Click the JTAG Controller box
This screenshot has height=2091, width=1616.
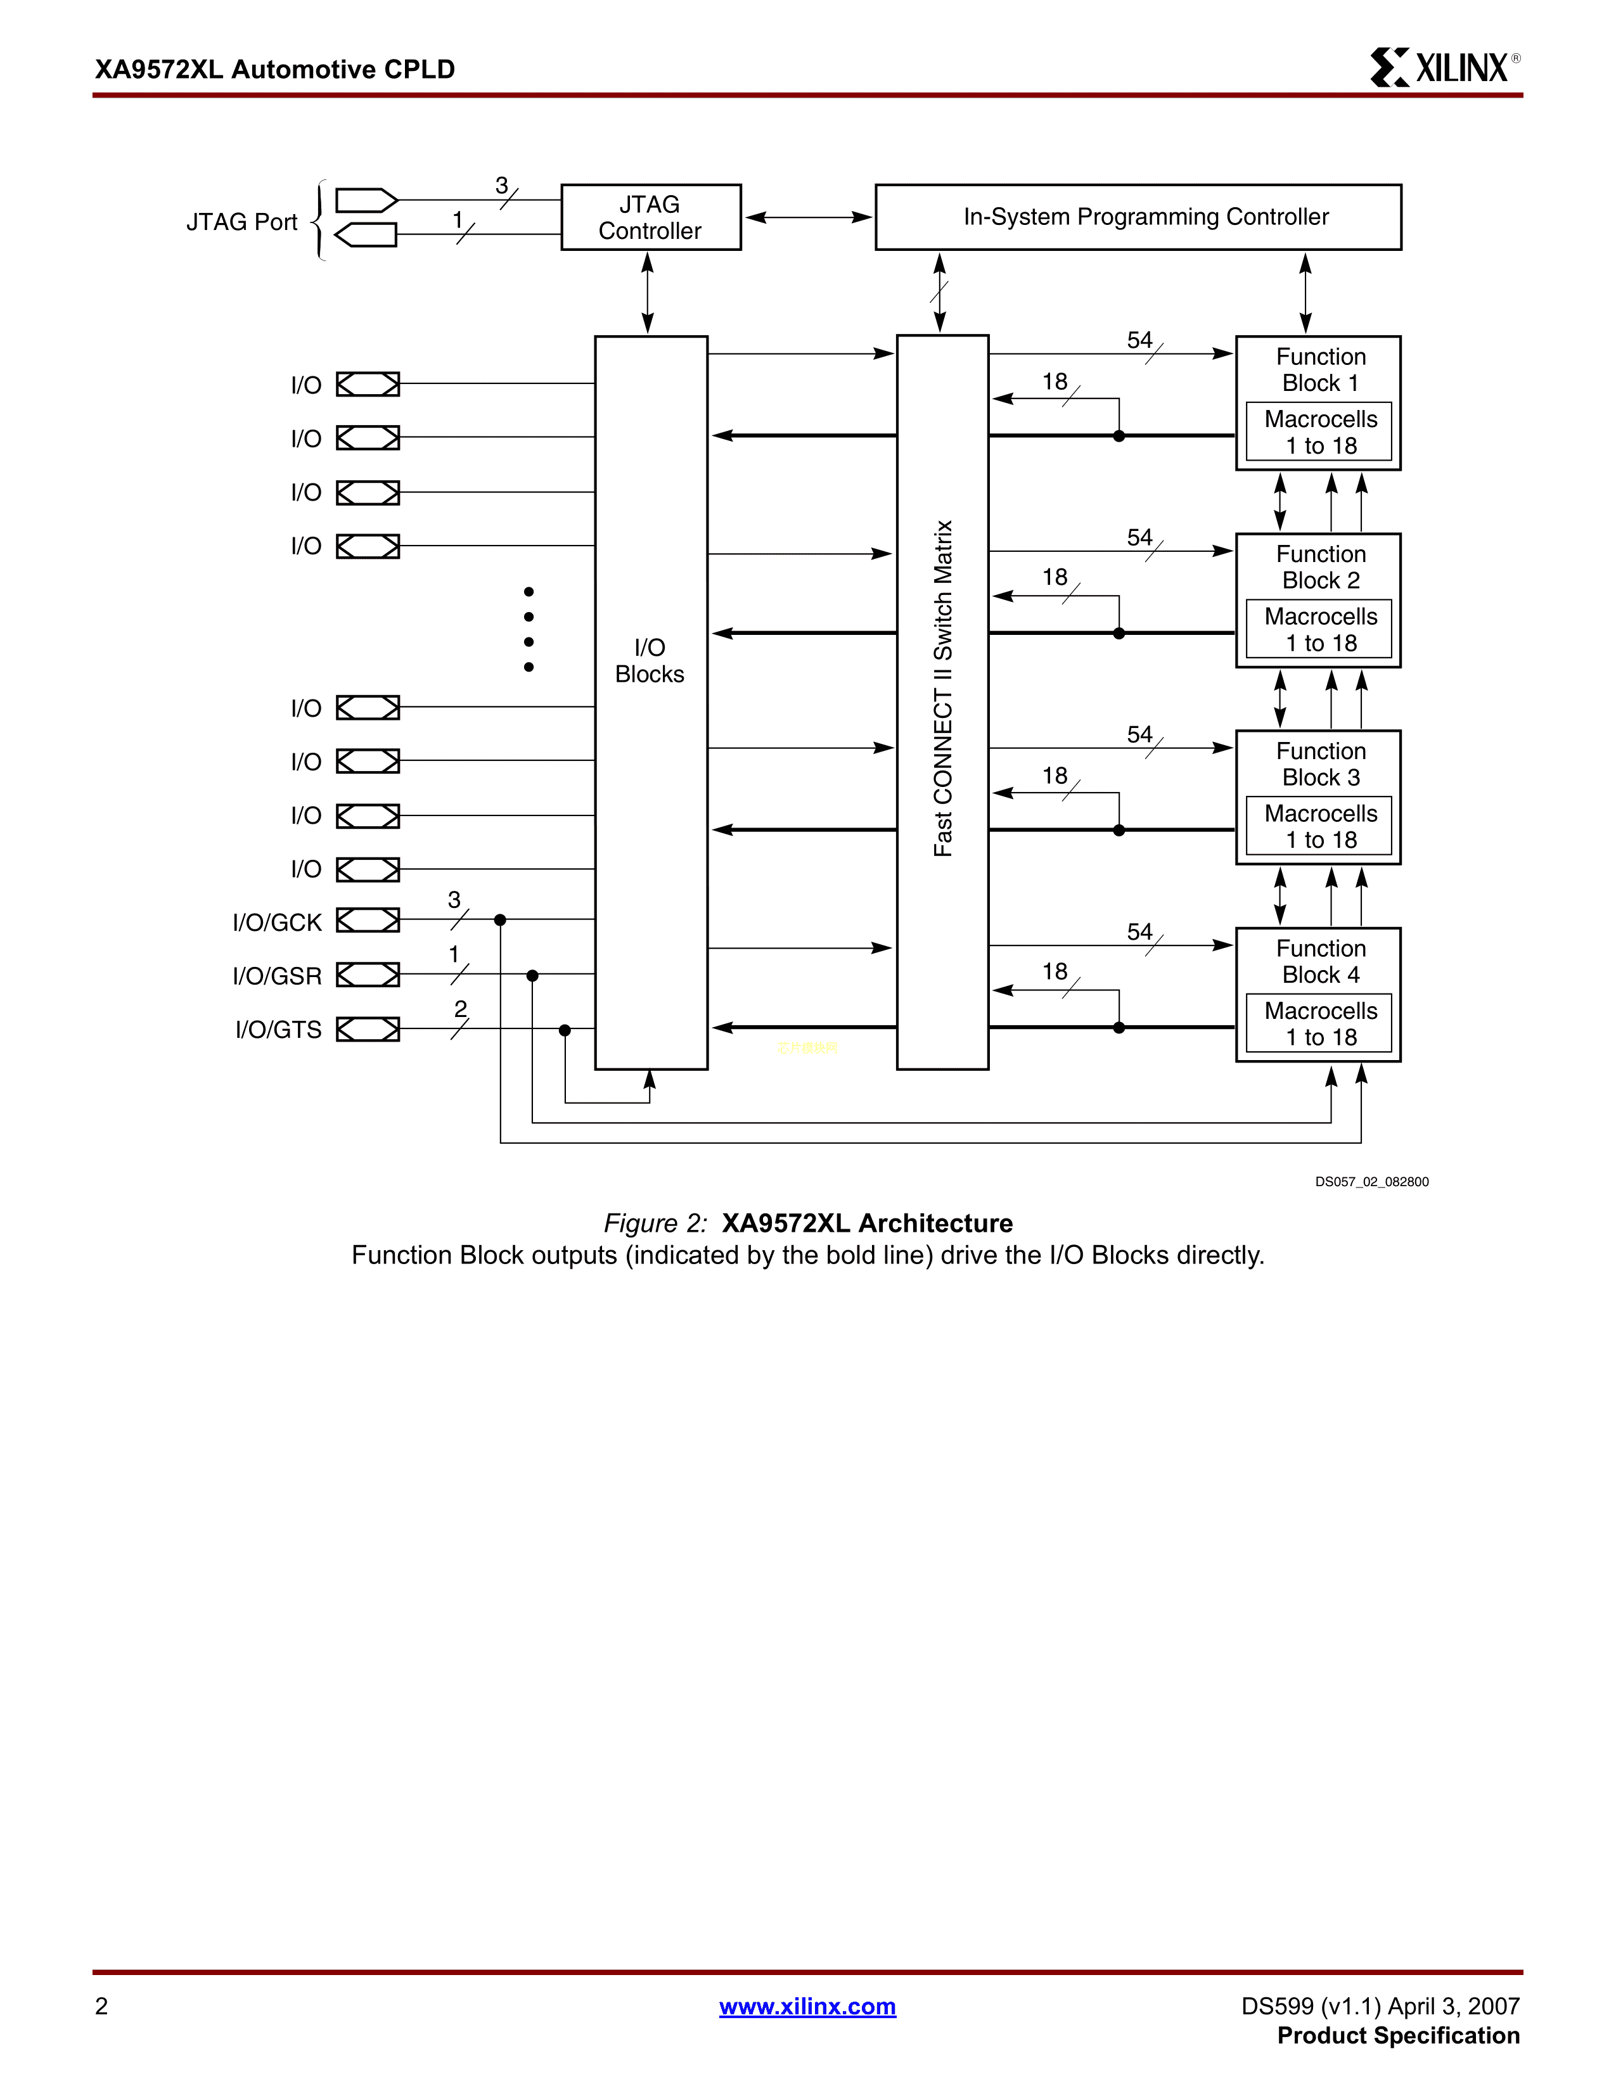[x=650, y=217]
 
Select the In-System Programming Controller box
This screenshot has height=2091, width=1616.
[x=1138, y=217]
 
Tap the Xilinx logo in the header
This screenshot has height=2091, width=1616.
[x=1444, y=68]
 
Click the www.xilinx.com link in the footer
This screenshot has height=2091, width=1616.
[x=807, y=2006]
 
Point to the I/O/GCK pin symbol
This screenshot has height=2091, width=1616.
[x=368, y=920]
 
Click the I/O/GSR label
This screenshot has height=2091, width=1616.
[x=277, y=976]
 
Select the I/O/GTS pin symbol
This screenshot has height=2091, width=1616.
[x=368, y=1029]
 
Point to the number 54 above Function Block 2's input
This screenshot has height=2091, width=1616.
[x=1139, y=537]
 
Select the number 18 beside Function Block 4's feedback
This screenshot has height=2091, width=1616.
[x=1054, y=972]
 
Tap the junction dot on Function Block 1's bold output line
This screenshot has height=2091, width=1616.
[x=1118, y=436]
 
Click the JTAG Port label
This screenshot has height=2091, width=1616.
[x=241, y=222]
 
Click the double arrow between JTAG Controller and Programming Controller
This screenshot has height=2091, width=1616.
[x=808, y=217]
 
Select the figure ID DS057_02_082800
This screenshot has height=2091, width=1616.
[x=1371, y=1182]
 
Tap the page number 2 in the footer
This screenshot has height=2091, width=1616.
[x=101, y=2006]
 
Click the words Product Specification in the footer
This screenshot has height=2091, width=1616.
[x=1398, y=2035]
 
